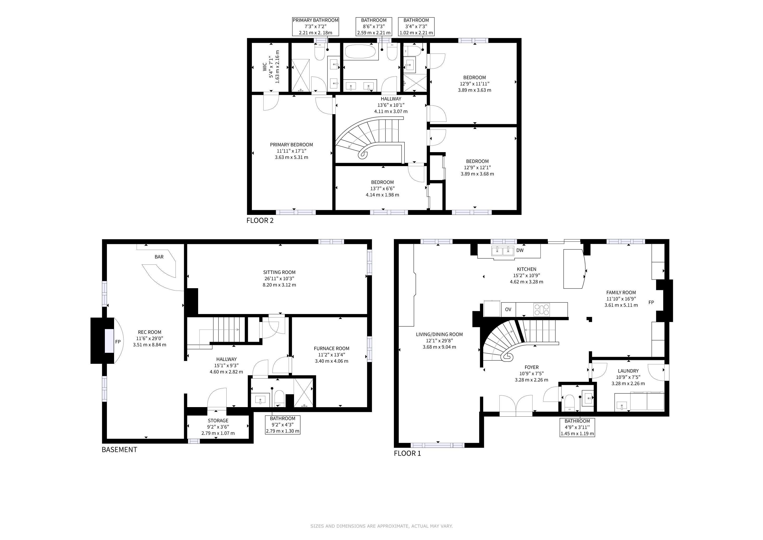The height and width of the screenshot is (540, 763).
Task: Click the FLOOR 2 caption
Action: [x=260, y=220]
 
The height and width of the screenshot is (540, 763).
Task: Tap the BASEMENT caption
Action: [x=119, y=450]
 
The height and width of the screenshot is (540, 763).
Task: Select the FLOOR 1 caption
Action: [x=407, y=453]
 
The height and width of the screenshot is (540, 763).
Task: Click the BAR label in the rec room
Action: [x=159, y=257]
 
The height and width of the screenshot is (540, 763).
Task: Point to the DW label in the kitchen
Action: [x=520, y=250]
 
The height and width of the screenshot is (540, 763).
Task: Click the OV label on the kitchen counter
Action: [x=508, y=309]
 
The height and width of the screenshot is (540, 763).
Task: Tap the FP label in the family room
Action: [x=651, y=302]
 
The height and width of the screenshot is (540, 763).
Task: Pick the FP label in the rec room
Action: [x=118, y=341]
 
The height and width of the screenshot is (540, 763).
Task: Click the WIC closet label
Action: [x=265, y=67]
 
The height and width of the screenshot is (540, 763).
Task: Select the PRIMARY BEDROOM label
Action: [x=291, y=145]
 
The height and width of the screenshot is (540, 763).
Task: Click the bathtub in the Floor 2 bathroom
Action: [x=361, y=52]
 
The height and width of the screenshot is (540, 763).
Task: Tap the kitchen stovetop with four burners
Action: [x=541, y=310]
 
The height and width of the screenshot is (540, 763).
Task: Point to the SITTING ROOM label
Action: [x=279, y=272]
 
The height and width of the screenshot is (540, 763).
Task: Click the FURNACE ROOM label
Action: [x=331, y=349]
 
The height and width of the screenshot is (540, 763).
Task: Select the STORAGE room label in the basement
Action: [x=218, y=421]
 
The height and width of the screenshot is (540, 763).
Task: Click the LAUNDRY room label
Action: [x=628, y=371]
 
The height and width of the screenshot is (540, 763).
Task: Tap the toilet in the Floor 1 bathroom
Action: [x=570, y=402]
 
